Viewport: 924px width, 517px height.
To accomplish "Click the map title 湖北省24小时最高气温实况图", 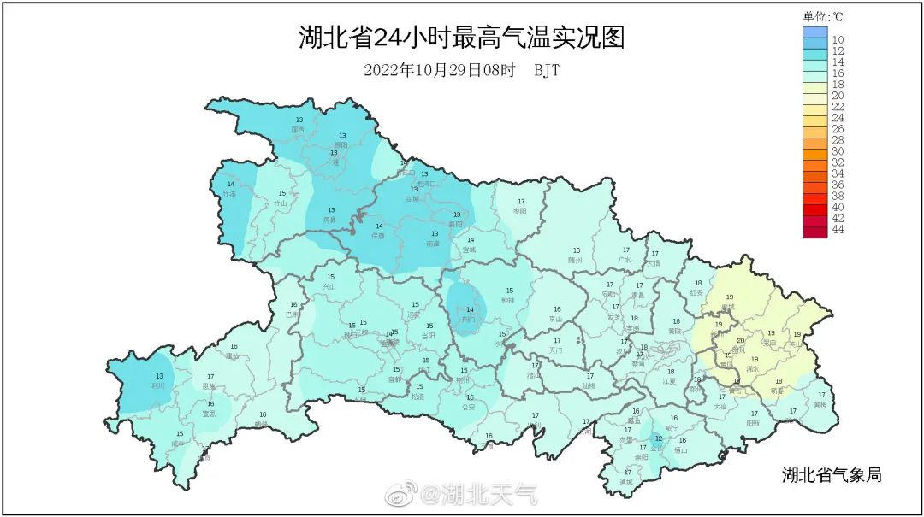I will click(461, 38).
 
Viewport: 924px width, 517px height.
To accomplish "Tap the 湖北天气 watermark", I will click(478, 493).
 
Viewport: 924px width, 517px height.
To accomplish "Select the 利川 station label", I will click(159, 385).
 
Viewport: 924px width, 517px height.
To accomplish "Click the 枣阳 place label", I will click(519, 210).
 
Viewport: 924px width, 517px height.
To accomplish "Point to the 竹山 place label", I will click(281, 203).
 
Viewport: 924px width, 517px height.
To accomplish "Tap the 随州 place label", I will click(576, 260).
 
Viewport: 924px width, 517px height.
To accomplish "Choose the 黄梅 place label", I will click(820, 404).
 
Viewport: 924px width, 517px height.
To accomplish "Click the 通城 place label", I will click(627, 482).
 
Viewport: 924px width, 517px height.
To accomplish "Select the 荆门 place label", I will click(469, 319).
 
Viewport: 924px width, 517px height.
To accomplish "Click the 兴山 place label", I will click(330, 287).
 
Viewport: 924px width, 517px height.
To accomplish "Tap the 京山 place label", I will click(556, 319).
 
